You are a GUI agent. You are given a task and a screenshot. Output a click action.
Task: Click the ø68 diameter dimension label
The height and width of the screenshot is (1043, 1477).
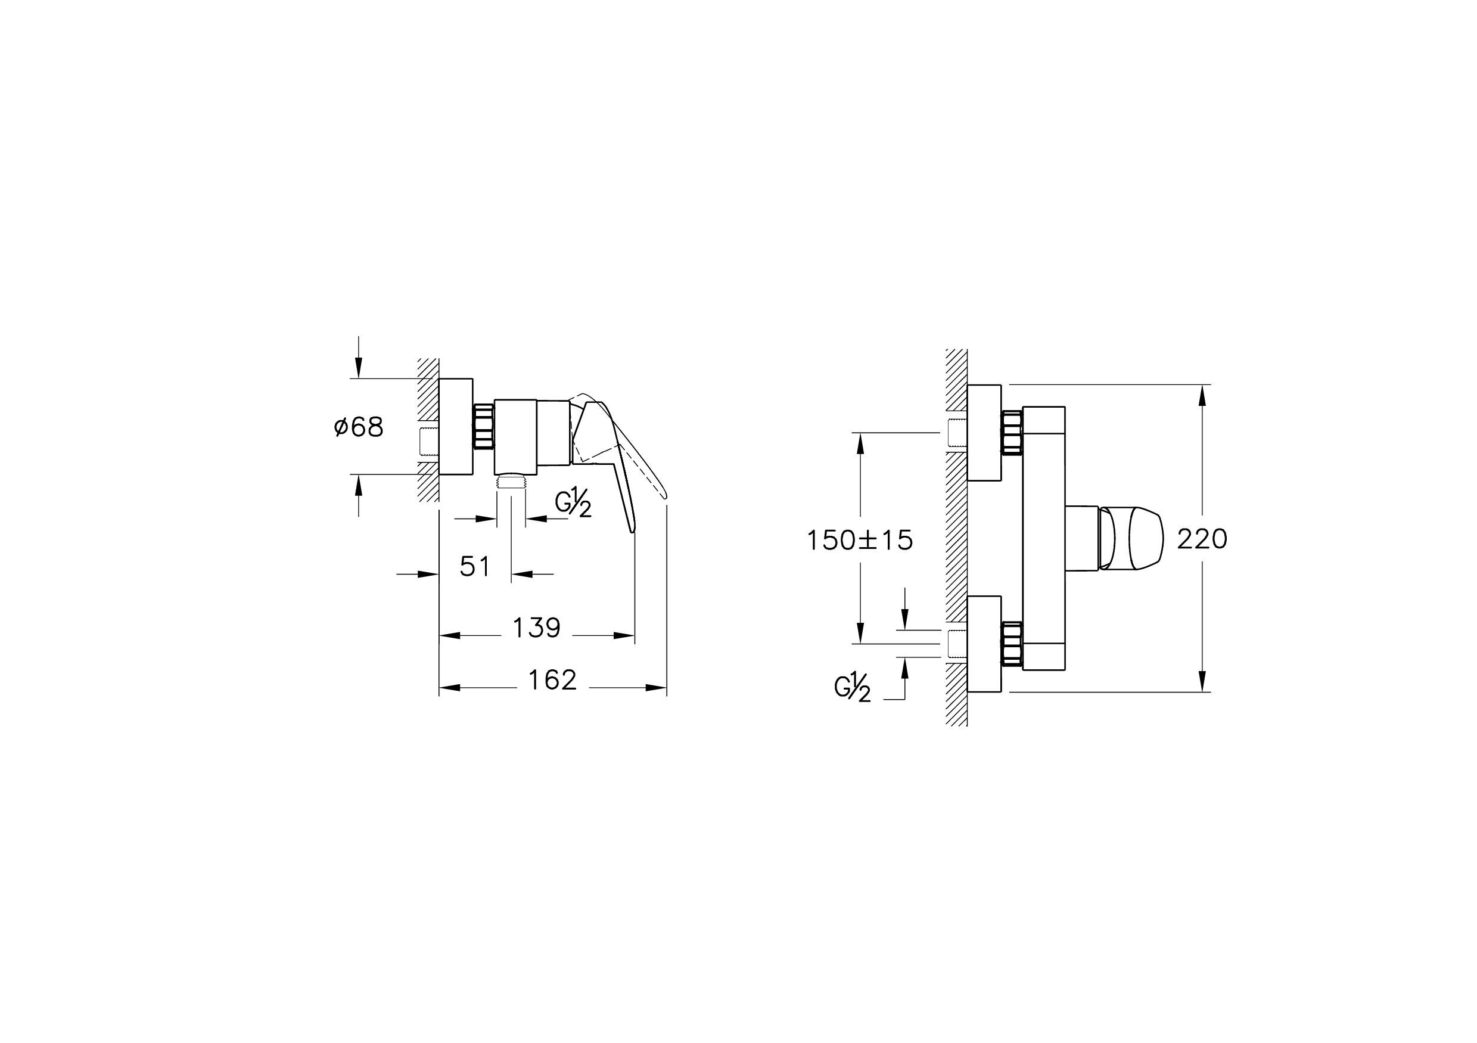[x=359, y=427]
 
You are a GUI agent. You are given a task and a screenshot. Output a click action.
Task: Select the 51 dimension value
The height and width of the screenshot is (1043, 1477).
[x=475, y=567]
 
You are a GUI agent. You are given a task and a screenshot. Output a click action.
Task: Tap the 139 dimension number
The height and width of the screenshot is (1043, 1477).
[x=536, y=628]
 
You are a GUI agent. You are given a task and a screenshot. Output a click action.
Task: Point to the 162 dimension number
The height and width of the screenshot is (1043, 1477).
[x=552, y=680]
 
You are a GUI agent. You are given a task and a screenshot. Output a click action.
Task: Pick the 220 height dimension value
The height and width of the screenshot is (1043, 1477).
[x=1202, y=539]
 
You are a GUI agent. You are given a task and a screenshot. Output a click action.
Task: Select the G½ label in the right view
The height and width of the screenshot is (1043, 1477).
[x=853, y=687]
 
